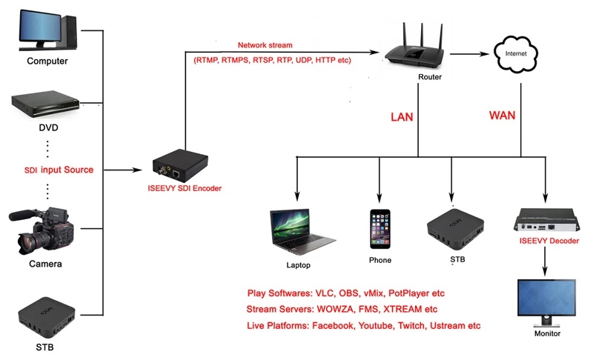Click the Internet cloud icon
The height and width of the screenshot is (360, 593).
pos(516,53)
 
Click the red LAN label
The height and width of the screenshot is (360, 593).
pos(402,117)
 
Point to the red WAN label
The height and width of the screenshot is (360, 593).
pos(502,116)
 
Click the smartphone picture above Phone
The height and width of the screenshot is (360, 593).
pos(380,229)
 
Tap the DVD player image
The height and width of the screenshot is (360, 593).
pos(45,104)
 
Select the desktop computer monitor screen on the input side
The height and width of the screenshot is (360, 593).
pos(40,26)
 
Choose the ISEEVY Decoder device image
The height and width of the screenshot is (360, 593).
pos(546,221)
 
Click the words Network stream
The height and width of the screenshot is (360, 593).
pos(265,45)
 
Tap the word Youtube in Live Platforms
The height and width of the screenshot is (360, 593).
pos(376,326)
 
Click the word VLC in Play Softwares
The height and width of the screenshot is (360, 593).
pos(325,293)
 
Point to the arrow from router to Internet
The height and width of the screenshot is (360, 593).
pos(469,54)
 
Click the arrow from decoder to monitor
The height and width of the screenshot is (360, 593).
pos(545,261)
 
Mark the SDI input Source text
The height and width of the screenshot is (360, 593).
pos(59,170)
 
